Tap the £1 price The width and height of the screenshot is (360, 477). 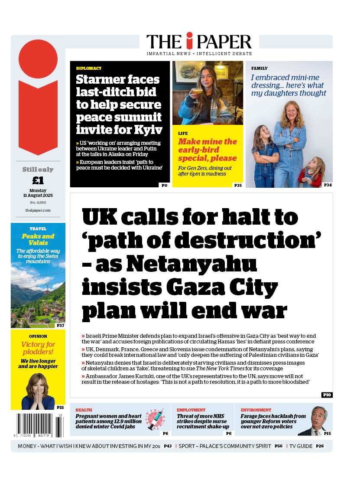point(38,180)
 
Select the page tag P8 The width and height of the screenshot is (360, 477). point(164,185)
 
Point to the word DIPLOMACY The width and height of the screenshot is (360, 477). point(89,69)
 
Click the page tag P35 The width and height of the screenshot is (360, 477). point(238,185)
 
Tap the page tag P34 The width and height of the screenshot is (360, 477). point(328,185)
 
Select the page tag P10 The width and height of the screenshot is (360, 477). point(327,395)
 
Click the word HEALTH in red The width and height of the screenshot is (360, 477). point(84,410)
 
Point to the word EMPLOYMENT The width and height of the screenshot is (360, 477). point(191,410)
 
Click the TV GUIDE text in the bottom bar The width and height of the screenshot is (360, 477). point(301,446)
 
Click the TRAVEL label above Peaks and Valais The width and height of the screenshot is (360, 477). point(38,229)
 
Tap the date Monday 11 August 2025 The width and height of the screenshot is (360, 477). point(38,193)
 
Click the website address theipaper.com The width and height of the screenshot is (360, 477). point(38,210)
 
